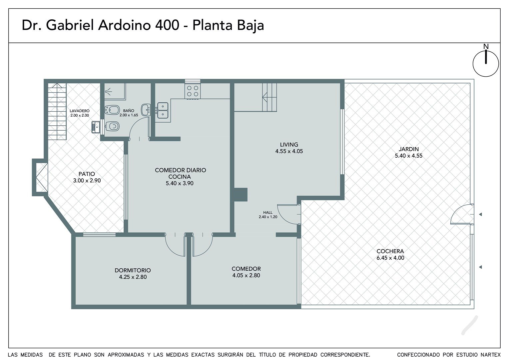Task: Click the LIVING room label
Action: click(x=289, y=144)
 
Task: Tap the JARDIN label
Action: click(x=408, y=149)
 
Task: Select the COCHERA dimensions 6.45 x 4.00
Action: click(x=390, y=258)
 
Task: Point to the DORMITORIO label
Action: click(x=133, y=270)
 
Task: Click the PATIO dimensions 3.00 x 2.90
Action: click(x=87, y=180)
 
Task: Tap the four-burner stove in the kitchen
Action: click(x=193, y=91)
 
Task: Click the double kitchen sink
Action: click(x=163, y=110)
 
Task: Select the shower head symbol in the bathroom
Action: click(x=108, y=92)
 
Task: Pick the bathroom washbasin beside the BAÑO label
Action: click(x=146, y=110)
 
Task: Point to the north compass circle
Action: click(x=486, y=64)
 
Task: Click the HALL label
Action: click(x=268, y=212)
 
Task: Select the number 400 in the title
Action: click(x=167, y=25)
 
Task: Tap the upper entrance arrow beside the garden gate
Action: click(x=480, y=214)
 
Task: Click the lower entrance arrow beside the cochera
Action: click(x=480, y=267)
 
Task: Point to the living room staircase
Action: click(x=269, y=97)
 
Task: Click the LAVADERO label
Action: click(x=80, y=111)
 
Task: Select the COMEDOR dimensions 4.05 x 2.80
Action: click(x=246, y=275)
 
